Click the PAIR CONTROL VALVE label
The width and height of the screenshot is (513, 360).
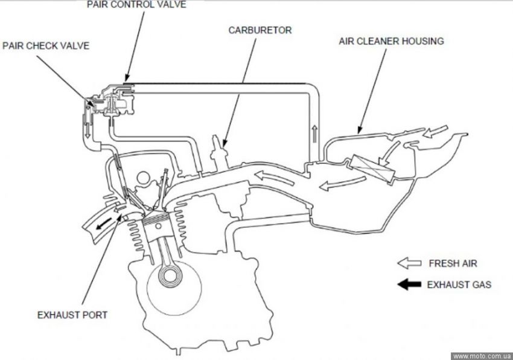point(136,5)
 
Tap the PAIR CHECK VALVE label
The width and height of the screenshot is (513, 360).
point(46,46)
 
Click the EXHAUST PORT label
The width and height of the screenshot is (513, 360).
point(72,315)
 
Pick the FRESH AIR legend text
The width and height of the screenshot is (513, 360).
point(453,264)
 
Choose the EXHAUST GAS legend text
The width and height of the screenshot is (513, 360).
point(459,284)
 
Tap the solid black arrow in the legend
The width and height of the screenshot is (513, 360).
point(410,284)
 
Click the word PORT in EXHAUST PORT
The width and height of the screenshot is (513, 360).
point(95,315)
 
